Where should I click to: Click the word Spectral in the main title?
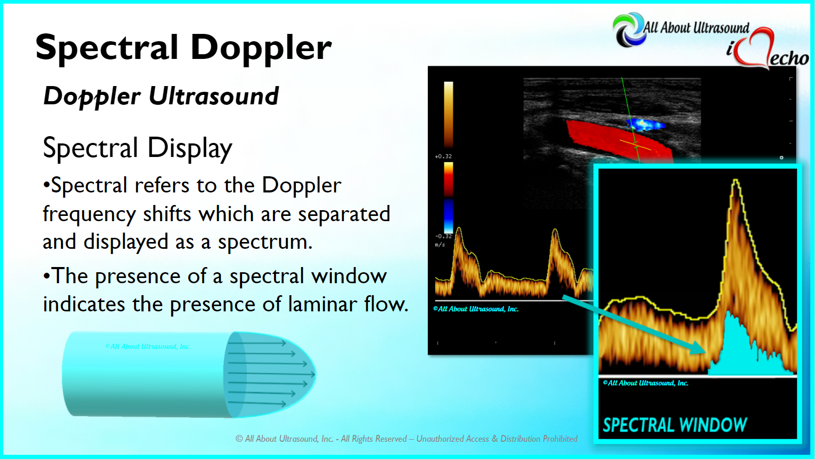pos(106,47)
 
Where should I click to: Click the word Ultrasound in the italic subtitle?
pos(213,96)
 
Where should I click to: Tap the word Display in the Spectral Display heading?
pos(189,148)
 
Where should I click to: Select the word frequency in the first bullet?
pos(89,214)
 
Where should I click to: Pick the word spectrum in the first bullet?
pos(265,242)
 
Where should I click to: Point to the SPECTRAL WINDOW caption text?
pos(675,425)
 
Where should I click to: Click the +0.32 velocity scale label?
pos(443,156)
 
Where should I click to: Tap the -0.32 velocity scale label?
pos(443,236)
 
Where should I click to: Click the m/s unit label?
pos(440,245)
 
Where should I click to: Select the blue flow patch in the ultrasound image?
pos(645,125)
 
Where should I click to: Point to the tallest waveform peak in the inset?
pos(736,180)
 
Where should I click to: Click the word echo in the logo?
pos(789,58)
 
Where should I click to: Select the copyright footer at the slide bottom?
pos(406,439)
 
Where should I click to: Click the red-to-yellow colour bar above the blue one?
pos(448,179)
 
